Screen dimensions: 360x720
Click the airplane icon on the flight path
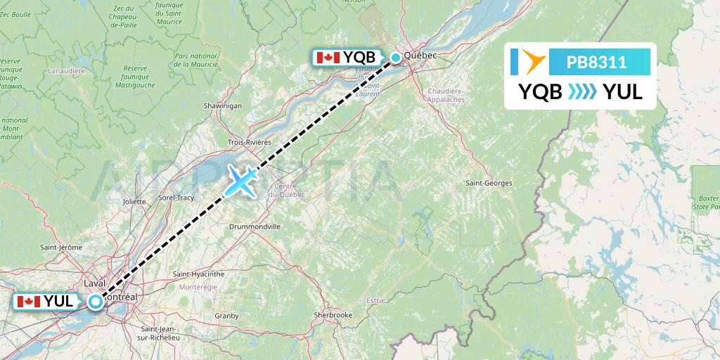(241, 181)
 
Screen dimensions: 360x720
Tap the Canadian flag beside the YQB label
(328, 58)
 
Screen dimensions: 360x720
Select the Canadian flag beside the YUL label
(28, 302)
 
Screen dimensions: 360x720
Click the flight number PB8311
(597, 62)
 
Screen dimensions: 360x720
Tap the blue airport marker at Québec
(396, 58)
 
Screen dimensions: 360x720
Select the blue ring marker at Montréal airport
(95, 302)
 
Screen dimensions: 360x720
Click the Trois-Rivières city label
(249, 142)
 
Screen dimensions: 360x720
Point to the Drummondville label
(255, 227)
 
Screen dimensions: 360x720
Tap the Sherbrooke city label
(333, 315)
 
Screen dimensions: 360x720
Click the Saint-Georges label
(489, 183)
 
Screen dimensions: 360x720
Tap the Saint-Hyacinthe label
(198, 274)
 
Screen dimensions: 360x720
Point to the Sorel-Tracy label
(176, 198)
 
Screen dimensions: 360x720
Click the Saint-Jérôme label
(61, 247)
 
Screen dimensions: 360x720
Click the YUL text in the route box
(622, 91)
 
